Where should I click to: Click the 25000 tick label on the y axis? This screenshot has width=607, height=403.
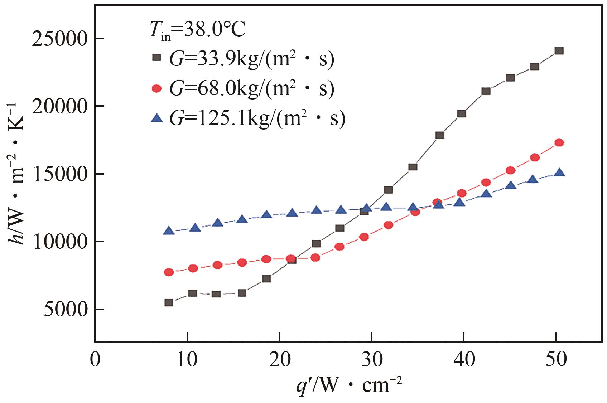click(60, 39)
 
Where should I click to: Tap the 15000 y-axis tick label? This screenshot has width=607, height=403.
click(60, 174)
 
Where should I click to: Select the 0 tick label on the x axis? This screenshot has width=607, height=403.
click(95, 359)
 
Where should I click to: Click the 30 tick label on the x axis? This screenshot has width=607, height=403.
click(372, 359)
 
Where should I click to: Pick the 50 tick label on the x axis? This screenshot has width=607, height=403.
click(556, 359)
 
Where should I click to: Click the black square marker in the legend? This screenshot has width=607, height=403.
click(156, 58)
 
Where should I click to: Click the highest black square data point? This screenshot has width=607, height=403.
click(559, 51)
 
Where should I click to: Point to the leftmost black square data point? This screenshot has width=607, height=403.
click(169, 303)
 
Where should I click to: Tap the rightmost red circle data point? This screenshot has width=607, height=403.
click(559, 143)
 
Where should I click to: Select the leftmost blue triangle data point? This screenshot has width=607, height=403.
click(169, 231)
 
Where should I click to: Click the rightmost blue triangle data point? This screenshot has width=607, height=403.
click(559, 173)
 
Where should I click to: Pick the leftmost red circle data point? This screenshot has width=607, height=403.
click(169, 272)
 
